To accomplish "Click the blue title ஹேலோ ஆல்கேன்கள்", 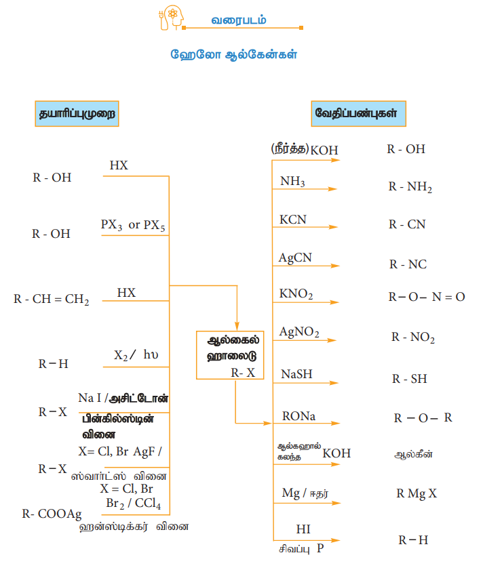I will coord(233,55).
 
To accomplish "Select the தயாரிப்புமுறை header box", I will coord(76,115).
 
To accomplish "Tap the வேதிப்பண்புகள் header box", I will coord(358,114).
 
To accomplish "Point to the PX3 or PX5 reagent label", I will coord(133,225).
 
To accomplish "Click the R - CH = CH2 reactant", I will coord(52,299).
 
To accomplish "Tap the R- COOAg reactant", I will coord(52,514).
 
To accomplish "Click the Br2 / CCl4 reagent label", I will coord(134,504).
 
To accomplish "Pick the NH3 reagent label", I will coord(292,182).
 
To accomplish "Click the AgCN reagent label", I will coord(295,258).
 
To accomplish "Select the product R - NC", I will coord(408,264).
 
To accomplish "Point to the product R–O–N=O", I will coord(426,297).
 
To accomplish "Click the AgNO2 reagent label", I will coord(299,332).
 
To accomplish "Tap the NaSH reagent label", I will coord(296,374).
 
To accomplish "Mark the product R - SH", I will coord(409,379).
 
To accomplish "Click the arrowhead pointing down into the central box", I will coord(237,323).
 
